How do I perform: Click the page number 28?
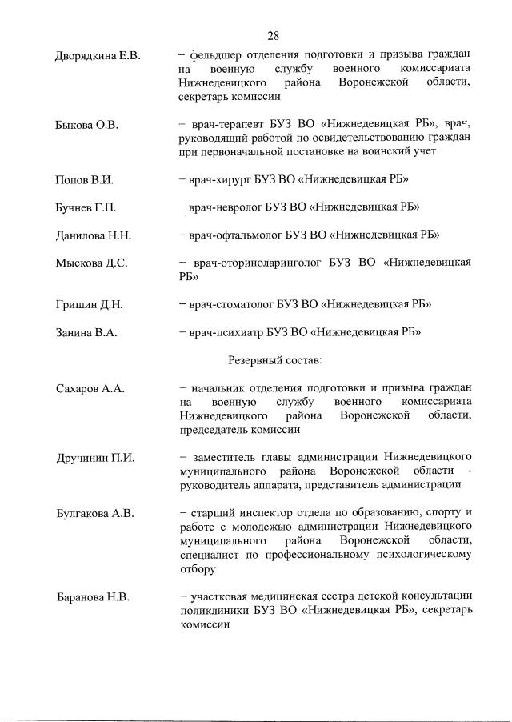click(x=274, y=35)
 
